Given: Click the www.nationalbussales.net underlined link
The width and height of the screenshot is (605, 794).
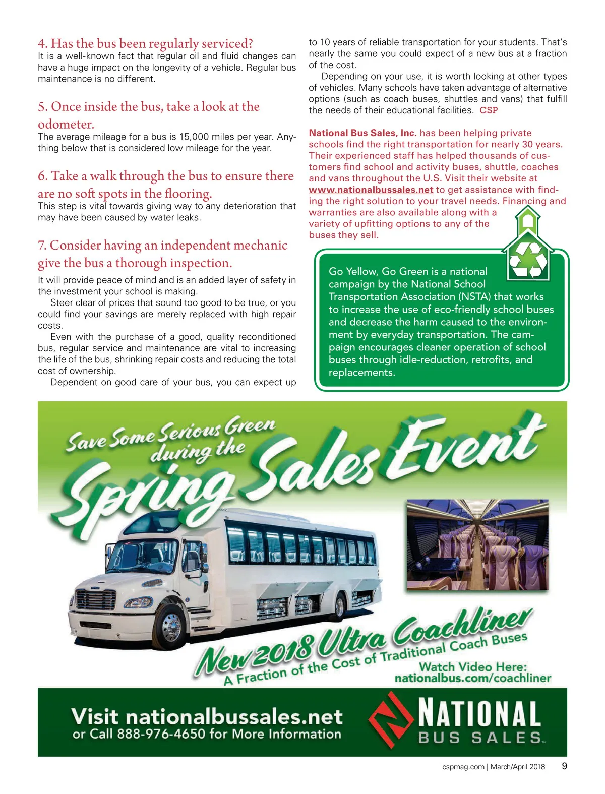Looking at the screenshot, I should pos(371,190).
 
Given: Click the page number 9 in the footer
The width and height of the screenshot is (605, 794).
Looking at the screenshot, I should pos(564,766).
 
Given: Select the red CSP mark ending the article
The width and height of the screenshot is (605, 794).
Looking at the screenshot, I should pos(488,110).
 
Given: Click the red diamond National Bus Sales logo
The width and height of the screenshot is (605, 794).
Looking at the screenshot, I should pos(389,719).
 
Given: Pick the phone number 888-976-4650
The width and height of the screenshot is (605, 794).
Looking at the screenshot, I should pos(161,734).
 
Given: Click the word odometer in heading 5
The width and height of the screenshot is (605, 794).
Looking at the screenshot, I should pos(66,124).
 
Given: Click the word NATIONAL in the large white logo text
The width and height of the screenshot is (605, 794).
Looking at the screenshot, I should pos(479,714).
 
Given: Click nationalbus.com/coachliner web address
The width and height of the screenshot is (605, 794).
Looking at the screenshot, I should pos(472,678).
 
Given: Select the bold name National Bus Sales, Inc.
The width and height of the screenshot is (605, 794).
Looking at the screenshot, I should pos(362,133).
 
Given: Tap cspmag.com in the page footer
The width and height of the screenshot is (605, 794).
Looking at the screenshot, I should pos(463,767).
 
